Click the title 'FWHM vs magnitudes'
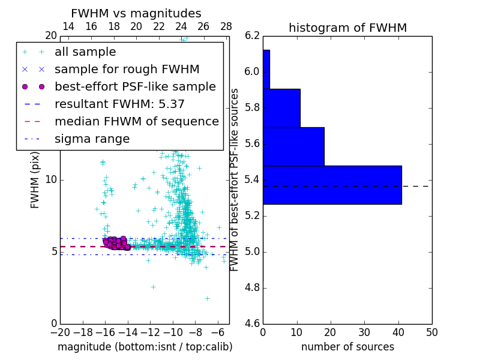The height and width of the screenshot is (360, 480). tap(136, 14)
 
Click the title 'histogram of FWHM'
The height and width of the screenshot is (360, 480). tap(347, 28)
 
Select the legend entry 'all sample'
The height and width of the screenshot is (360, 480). tap(85, 52)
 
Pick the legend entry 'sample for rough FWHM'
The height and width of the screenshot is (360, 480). tap(127, 69)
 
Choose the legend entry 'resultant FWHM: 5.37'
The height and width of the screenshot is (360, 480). tap(119, 104)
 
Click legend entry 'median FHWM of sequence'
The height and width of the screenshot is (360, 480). tap(136, 121)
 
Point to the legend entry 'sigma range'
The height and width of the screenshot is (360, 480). tap(92, 139)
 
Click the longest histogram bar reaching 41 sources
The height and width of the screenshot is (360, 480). tap(332, 185)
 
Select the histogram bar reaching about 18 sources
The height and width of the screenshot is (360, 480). tap(293, 146)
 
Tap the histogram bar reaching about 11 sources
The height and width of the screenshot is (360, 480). tap(281, 108)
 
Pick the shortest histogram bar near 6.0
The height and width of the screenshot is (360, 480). tap(266, 70)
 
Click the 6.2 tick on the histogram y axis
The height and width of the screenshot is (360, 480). tap(253, 35)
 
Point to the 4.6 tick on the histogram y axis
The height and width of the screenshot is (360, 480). tap(253, 323)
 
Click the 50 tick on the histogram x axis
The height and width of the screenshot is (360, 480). tap(431, 332)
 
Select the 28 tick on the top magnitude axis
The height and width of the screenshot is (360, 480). tap(226, 26)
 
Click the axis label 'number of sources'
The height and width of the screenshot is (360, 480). tap(347, 347)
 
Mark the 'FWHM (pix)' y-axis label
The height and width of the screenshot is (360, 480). tap(35, 179)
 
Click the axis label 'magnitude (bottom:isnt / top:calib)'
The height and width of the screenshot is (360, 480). tap(145, 347)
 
